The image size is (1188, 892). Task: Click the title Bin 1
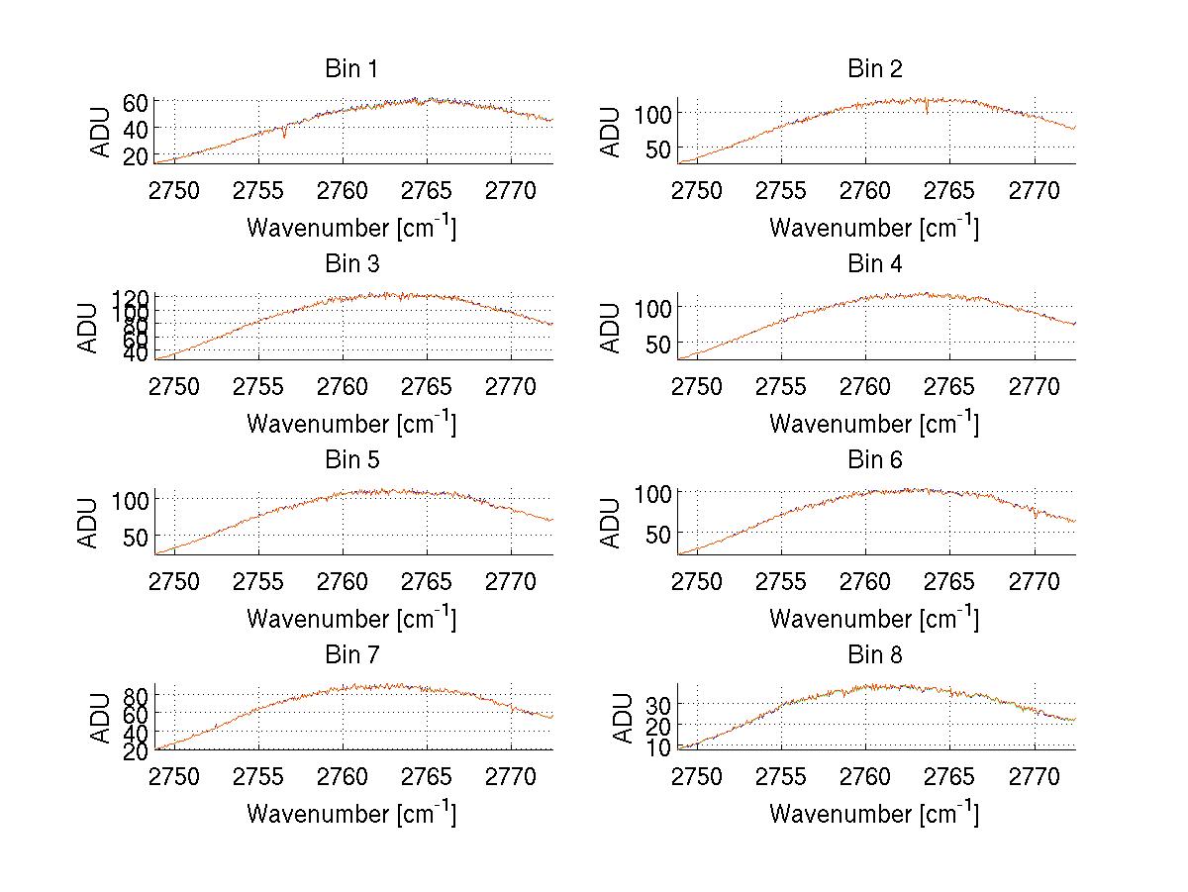350,69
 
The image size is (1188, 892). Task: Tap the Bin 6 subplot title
874,460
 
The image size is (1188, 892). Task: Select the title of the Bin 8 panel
874,655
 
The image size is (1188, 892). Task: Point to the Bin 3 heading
350,264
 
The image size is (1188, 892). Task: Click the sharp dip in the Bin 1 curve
284,135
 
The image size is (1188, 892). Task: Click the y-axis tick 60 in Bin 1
136,102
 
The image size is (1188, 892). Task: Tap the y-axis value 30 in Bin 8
658,704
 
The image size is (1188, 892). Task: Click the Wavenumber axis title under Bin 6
874,619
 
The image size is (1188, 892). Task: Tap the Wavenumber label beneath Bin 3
351,424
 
